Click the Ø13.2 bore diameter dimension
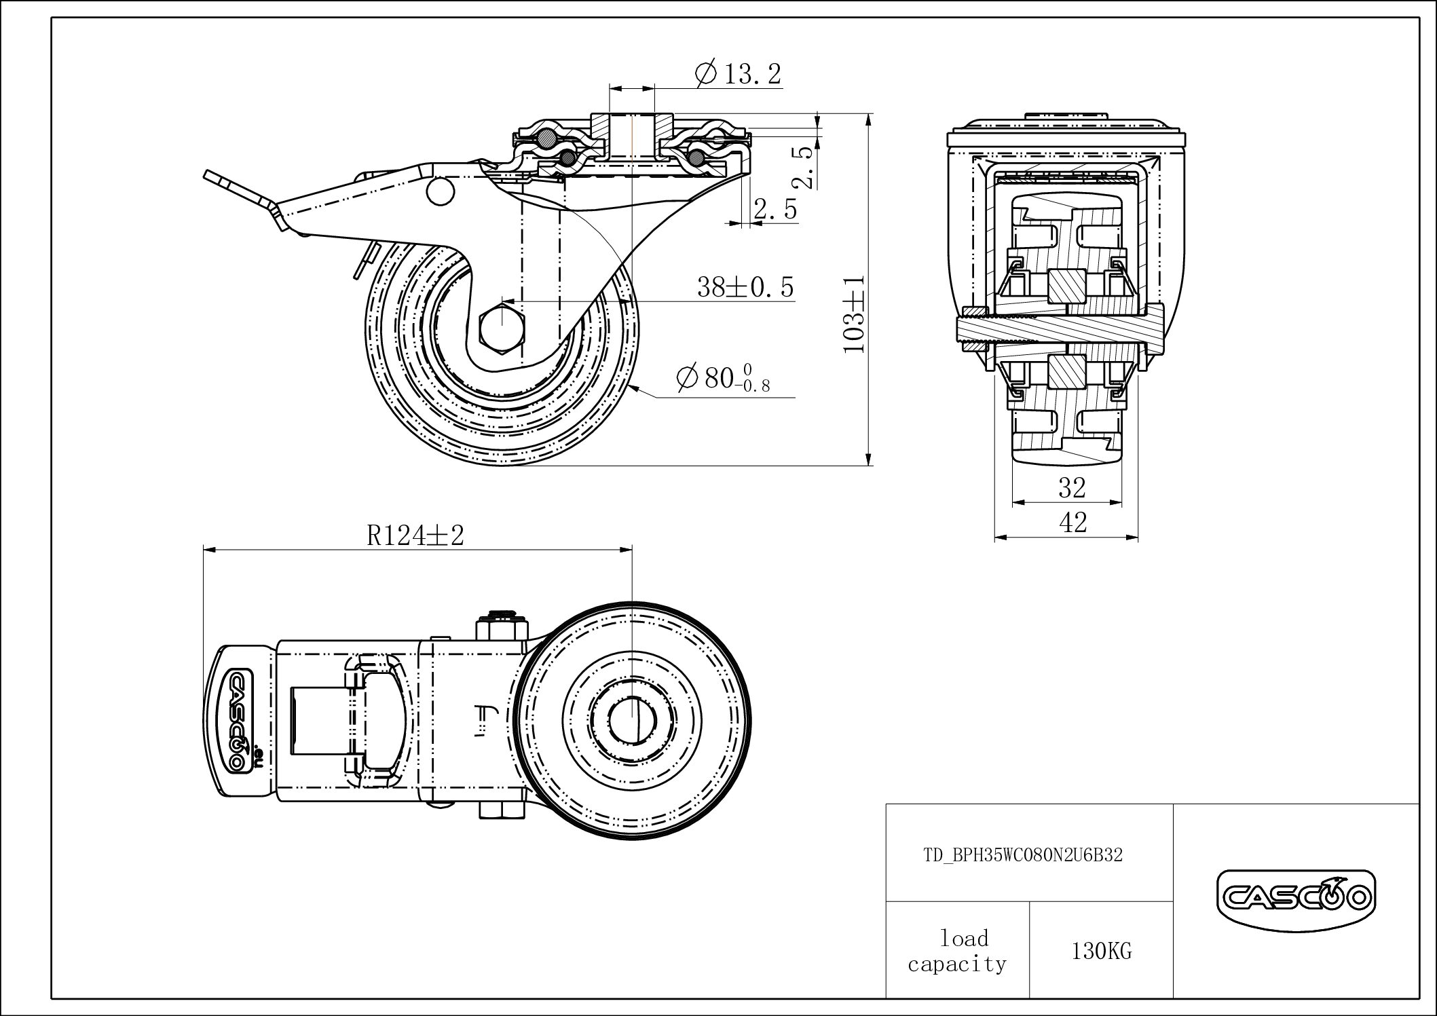(x=739, y=73)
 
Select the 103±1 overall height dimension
(x=854, y=314)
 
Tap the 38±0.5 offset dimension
(x=745, y=288)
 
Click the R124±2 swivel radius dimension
(x=415, y=536)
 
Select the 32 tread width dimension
(x=1072, y=487)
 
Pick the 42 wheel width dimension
(x=1072, y=523)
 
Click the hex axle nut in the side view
(x=502, y=330)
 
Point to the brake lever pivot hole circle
(x=440, y=191)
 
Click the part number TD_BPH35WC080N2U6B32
(x=1023, y=855)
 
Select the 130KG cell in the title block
(x=1101, y=952)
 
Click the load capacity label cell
(x=957, y=952)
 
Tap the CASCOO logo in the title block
(x=1295, y=899)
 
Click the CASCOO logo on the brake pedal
(x=239, y=720)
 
